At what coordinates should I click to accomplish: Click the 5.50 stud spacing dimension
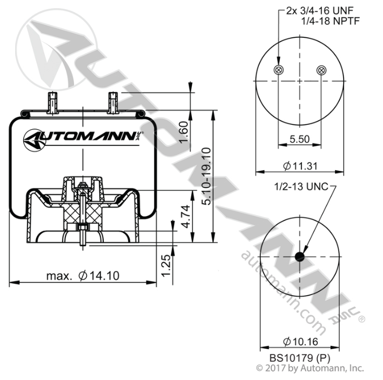tap(299, 139)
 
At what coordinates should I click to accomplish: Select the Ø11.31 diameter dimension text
tap(300, 166)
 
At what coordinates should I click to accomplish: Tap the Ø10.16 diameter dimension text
tap(300, 342)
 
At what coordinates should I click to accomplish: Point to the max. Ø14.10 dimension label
tap(83, 276)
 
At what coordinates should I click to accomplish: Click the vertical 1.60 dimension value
tap(184, 132)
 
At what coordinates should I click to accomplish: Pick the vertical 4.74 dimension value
tap(186, 217)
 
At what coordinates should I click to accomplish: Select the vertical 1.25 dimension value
tap(166, 265)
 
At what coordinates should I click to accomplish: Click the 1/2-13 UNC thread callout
tap(301, 186)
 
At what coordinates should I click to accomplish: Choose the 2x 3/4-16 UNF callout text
tap(320, 10)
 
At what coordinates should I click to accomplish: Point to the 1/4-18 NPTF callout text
tap(331, 21)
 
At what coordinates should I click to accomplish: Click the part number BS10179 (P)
tap(300, 358)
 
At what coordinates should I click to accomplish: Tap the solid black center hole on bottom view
tap(300, 257)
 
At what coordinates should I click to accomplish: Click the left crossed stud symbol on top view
tap(278, 70)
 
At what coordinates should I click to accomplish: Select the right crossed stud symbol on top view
tap(321, 70)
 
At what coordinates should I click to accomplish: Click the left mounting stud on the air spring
tap(52, 103)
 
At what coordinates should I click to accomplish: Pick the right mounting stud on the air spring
tap(113, 103)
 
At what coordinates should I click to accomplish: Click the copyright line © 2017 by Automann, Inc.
tap(310, 368)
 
